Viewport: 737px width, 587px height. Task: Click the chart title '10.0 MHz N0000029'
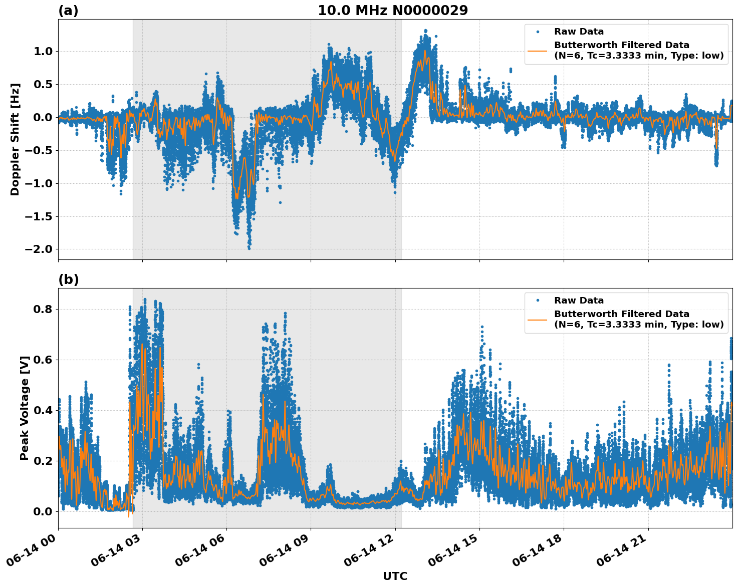pos(393,11)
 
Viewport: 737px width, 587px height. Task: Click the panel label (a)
pos(68,11)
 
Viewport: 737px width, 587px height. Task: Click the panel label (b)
pos(68,279)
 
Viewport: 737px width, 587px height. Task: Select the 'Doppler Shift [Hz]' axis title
pos(15,139)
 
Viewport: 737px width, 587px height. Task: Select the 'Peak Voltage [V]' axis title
pos(24,408)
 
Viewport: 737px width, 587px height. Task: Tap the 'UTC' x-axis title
pos(395,576)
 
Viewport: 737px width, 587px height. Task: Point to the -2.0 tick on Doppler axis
pos(40,249)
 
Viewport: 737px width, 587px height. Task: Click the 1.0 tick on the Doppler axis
pos(44,51)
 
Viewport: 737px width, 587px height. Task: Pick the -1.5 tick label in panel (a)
pos(40,216)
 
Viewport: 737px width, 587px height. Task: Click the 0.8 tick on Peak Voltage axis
pos(44,309)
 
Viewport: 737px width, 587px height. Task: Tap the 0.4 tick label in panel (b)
pos(44,410)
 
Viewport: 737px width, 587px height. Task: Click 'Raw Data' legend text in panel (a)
pos(579,32)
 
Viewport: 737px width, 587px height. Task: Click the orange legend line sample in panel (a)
pos(537,51)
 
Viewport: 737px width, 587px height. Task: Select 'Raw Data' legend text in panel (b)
pos(579,301)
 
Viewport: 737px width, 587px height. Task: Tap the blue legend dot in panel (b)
pos(537,301)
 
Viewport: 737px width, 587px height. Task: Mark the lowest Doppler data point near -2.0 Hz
pos(249,248)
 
